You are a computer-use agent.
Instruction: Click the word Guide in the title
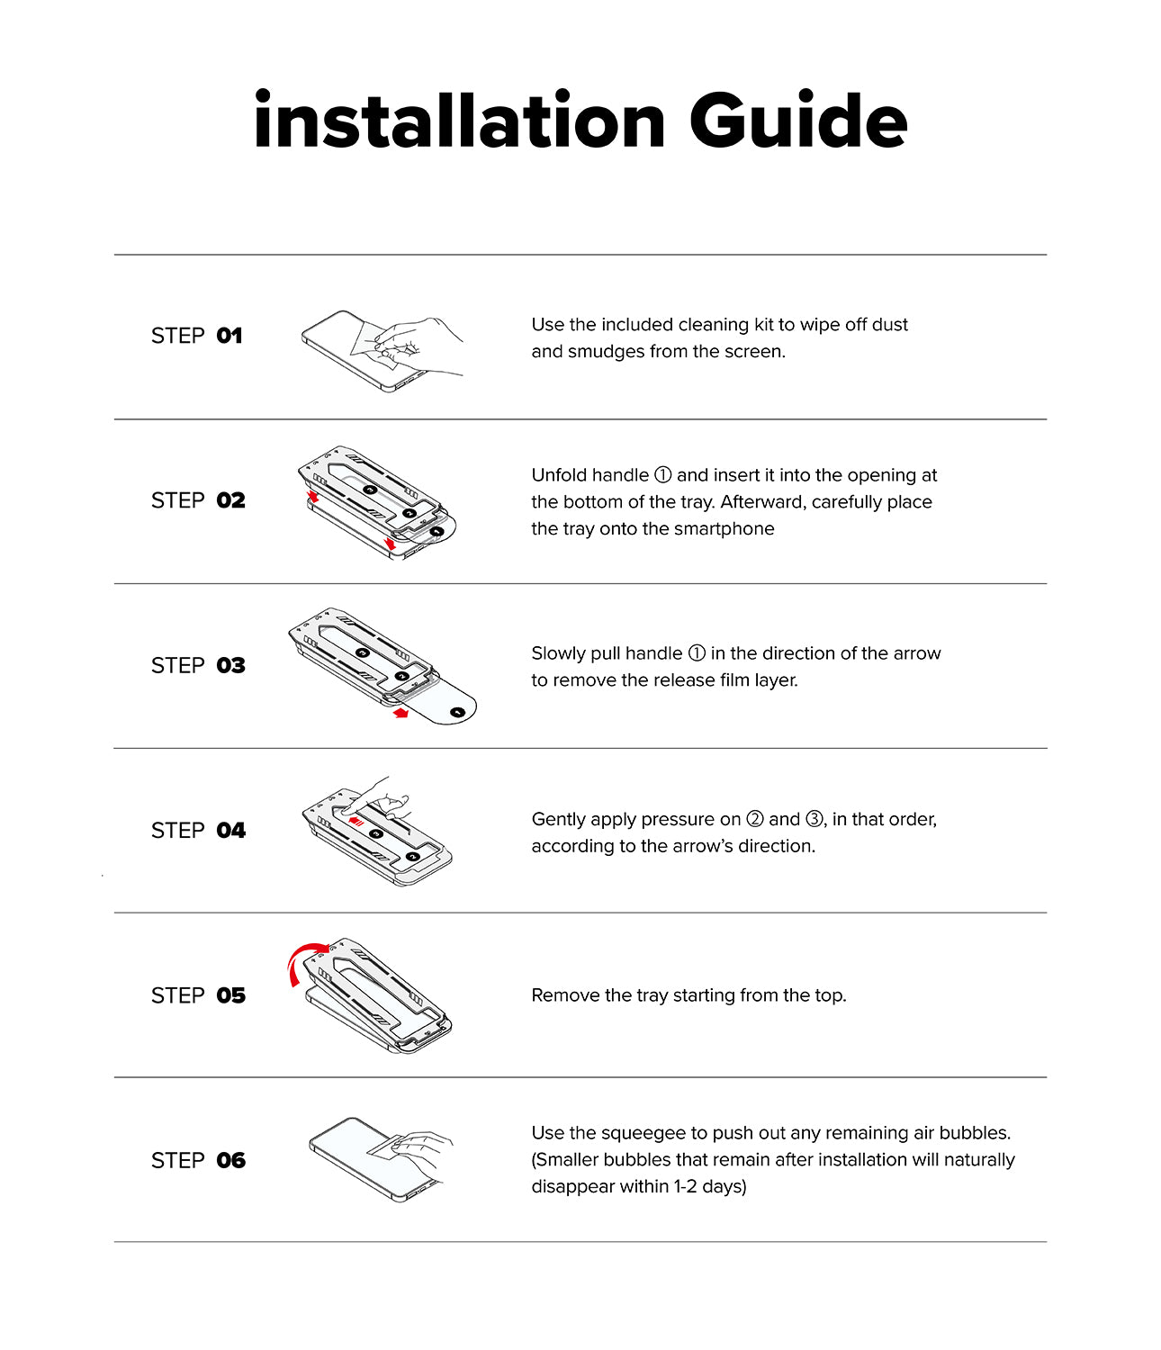coord(798,120)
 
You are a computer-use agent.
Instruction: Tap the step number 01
coord(229,336)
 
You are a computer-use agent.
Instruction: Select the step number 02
coord(230,500)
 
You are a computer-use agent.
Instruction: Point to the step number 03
coord(230,665)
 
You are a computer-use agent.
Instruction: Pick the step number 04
coord(230,830)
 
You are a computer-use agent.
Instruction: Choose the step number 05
coord(230,995)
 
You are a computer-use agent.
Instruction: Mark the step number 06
coord(230,1160)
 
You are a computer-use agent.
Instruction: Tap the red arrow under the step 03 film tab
coord(400,713)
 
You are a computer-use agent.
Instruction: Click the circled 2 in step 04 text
coord(754,818)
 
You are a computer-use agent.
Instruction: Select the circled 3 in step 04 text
coord(814,818)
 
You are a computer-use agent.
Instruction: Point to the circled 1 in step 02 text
coord(662,475)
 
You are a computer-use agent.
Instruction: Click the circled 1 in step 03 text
coord(697,653)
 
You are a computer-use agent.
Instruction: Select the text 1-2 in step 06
coord(685,1186)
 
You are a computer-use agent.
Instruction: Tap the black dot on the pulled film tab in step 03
coord(458,712)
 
